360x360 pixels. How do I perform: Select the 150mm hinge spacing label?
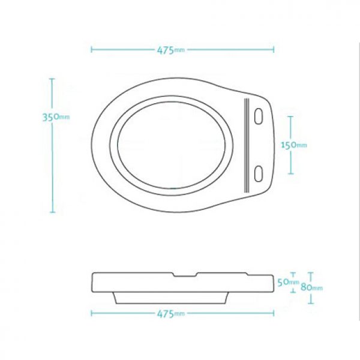(294, 145)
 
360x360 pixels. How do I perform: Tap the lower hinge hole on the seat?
(259, 173)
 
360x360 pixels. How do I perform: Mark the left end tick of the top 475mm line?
(91, 49)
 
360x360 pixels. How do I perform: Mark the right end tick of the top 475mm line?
(274, 49)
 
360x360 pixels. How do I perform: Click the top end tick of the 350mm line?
(52, 78)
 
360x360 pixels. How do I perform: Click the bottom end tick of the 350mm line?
(52, 212)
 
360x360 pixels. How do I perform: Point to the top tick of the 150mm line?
(291, 116)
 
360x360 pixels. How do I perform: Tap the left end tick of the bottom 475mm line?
(91, 313)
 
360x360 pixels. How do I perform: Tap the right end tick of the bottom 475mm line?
(274, 313)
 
